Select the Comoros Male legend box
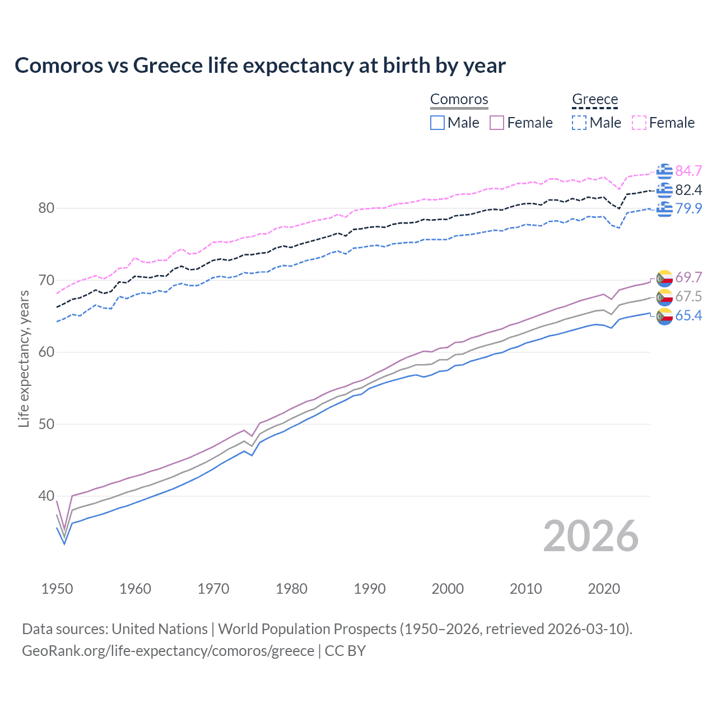[437, 123]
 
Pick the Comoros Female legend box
[497, 123]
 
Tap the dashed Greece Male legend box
[579, 123]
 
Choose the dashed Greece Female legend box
[639, 123]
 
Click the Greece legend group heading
[595, 100]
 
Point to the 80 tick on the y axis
[46, 208]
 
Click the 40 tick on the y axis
[46, 496]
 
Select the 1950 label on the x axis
[57, 589]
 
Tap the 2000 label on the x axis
[448, 589]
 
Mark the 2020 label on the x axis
[604, 589]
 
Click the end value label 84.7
[688, 171]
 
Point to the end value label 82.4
[688, 190]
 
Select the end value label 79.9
[688, 209]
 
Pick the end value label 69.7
[688, 277]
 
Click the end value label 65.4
[688, 316]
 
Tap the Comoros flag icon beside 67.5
[664, 297]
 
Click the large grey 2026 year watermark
[591, 536]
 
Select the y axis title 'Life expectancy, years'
[24, 359]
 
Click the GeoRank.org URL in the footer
[168, 651]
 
